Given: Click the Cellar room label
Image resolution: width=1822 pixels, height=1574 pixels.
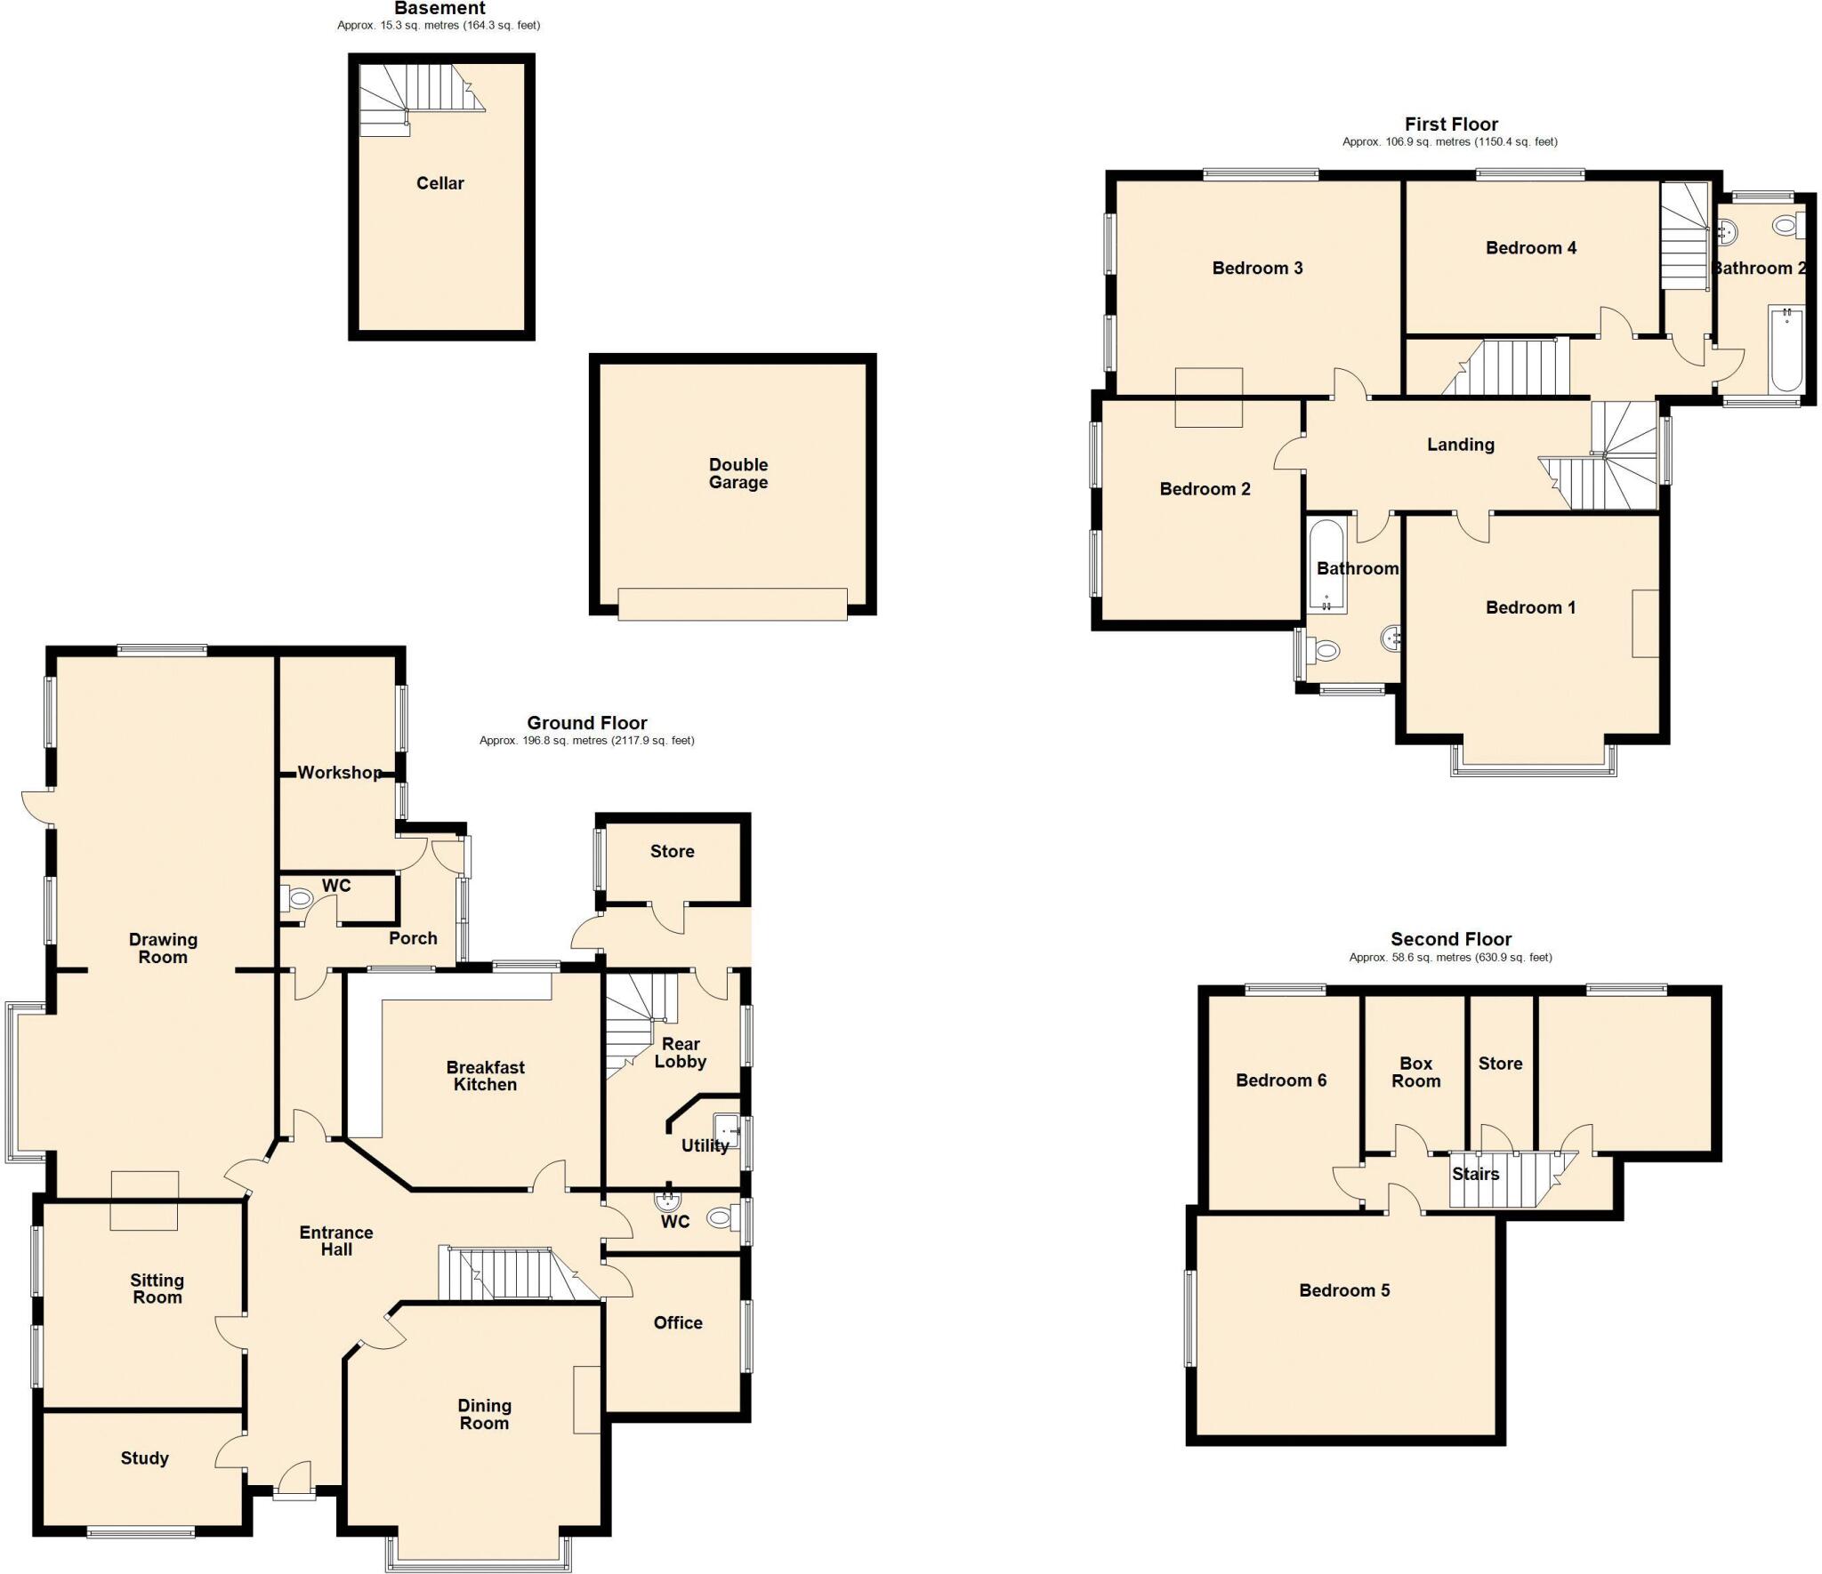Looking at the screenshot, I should tap(439, 183).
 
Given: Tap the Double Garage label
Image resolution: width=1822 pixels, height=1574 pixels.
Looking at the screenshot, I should tap(738, 473).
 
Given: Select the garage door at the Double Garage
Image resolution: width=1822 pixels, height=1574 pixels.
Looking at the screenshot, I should tap(732, 604).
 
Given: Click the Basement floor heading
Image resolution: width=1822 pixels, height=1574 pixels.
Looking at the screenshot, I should tap(439, 8).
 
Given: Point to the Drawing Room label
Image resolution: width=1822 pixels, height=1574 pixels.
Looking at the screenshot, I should tap(163, 948).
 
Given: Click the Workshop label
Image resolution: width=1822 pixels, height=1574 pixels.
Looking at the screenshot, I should tap(339, 773).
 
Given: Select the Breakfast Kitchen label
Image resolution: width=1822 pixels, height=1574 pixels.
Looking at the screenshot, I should tap(485, 1075).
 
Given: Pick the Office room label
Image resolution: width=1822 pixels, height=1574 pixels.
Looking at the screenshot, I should tap(678, 1322).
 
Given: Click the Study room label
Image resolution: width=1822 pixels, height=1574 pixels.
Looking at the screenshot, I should tap(144, 1458).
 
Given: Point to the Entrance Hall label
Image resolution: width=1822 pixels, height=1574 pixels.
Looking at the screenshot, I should tap(336, 1241).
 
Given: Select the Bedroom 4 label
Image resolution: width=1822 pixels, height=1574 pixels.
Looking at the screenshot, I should tap(1530, 248).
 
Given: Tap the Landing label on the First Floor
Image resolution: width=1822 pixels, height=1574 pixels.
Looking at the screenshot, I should tap(1460, 445).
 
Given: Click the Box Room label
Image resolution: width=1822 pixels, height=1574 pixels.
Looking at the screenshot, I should tap(1415, 1072).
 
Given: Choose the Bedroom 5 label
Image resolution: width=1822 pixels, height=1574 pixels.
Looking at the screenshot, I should tap(1343, 1290).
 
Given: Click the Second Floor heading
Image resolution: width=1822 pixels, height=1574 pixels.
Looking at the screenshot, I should tap(1450, 939).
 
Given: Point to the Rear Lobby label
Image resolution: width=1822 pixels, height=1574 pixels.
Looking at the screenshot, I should tap(681, 1052).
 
